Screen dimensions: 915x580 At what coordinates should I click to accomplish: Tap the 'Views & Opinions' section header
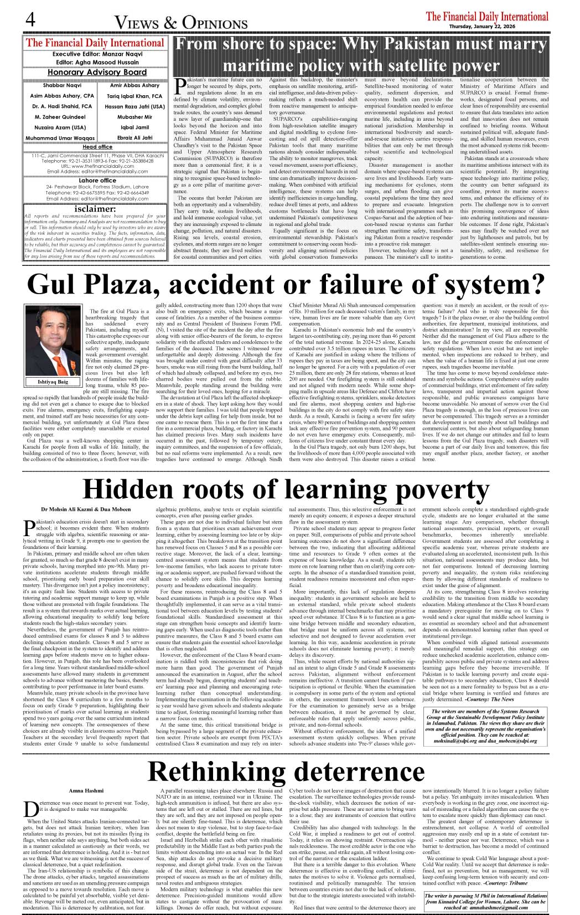pyautogui.click(x=181, y=23)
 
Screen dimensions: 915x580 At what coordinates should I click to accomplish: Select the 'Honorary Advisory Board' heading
pyautogui.click(x=97, y=72)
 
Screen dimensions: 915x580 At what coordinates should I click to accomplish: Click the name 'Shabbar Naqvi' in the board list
pyautogui.click(x=62, y=86)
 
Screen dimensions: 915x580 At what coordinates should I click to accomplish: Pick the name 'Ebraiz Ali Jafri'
pyautogui.click(x=134, y=138)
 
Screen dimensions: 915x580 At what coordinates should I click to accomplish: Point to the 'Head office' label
pyautogui.click(x=97, y=147)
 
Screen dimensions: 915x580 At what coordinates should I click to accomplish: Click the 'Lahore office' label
pyautogui.click(x=97, y=181)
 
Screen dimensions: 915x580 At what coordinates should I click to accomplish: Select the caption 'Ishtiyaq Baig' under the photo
pyautogui.click(x=53, y=382)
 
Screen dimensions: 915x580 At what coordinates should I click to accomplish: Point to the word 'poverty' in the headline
pyautogui.click(x=434, y=489)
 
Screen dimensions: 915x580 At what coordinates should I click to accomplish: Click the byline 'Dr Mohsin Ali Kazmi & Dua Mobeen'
pyautogui.click(x=86, y=509)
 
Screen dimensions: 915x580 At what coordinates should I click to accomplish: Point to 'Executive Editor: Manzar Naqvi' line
pyautogui.click(x=97, y=54)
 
